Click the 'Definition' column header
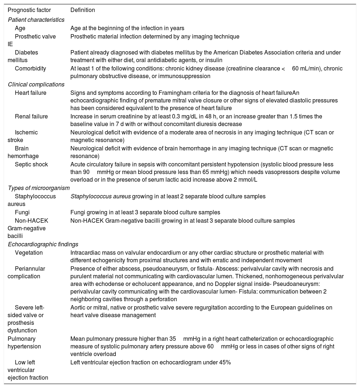click(83, 10)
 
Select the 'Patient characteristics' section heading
click(36, 20)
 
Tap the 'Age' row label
click(20, 28)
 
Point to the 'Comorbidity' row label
click(30, 68)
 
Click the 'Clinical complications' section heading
click(36, 84)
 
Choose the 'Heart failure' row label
click(30, 93)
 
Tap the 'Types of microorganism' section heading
click(39, 188)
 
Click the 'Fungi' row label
click(22, 212)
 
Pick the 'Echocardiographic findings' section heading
click(43, 244)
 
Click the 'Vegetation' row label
click(29, 252)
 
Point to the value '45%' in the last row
click(225, 362)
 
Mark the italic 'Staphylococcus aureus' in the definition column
click(101, 196)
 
